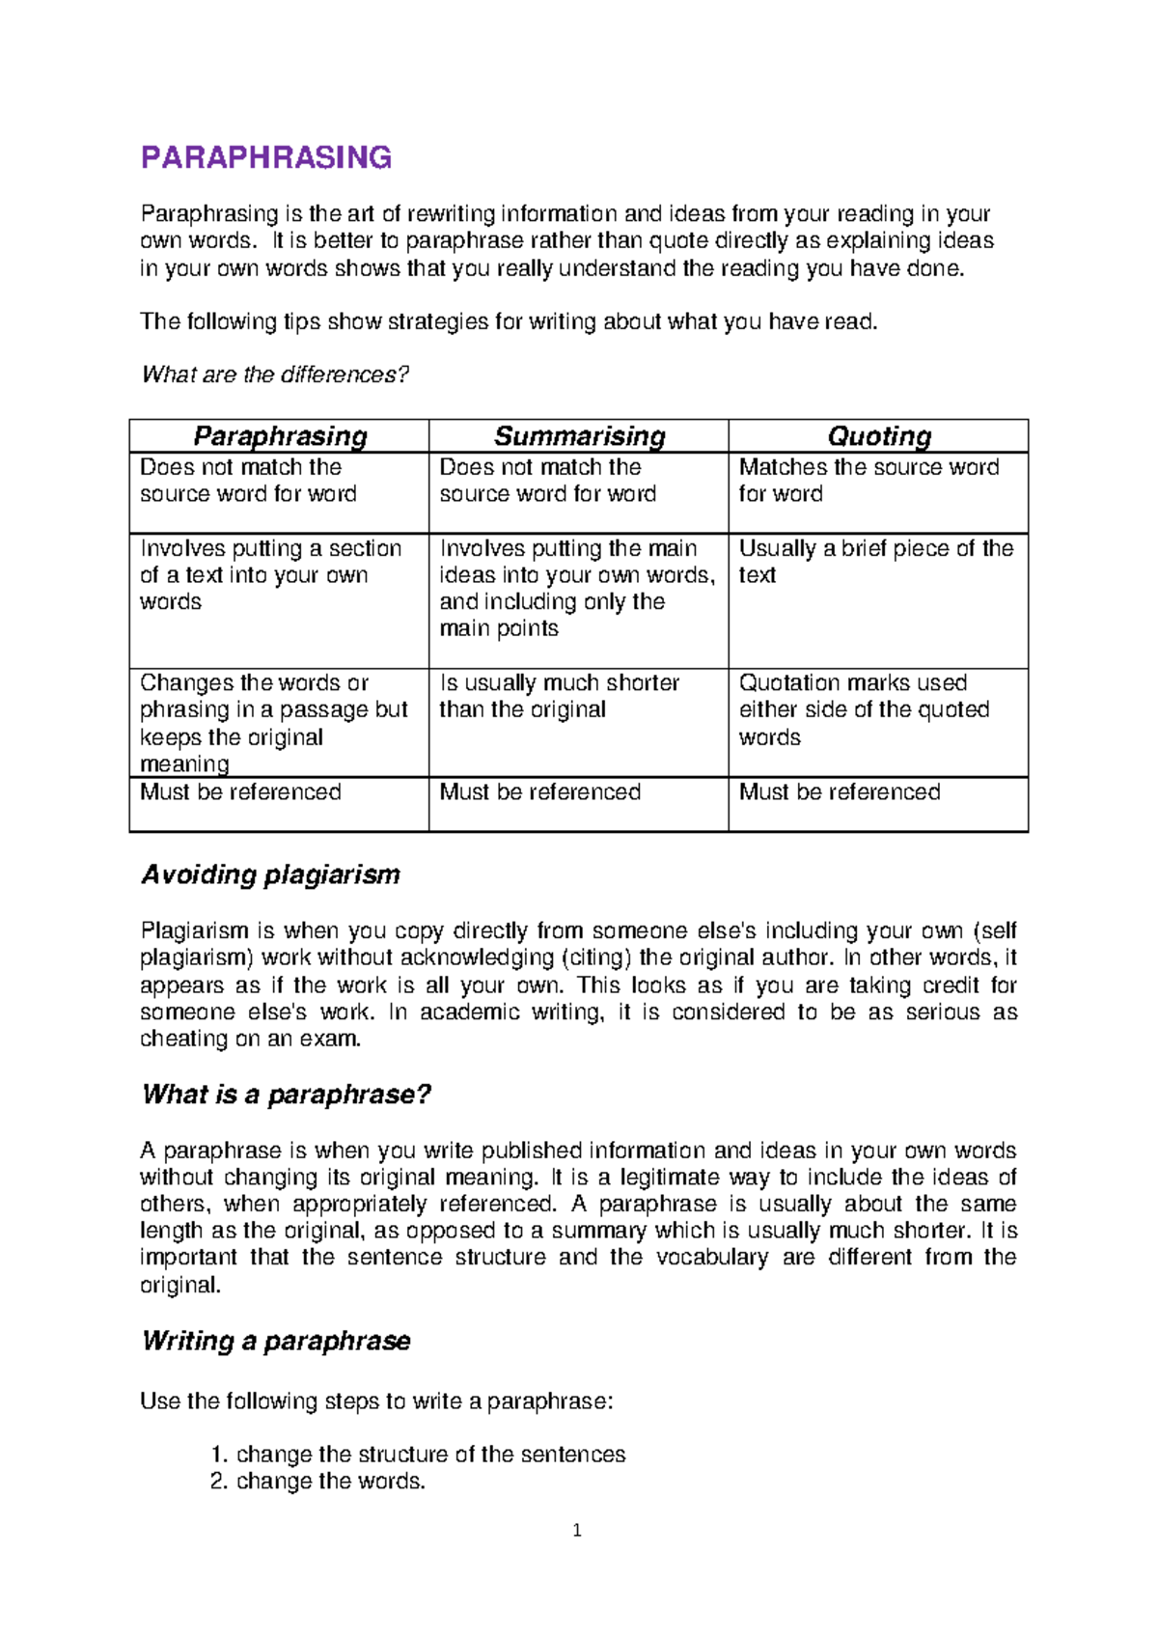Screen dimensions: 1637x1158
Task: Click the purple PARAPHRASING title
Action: pos(266,157)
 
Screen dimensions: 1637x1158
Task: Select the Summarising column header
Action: pos(579,436)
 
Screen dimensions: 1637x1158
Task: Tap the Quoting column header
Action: pos(879,436)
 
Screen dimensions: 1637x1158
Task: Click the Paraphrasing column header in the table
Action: pos(280,436)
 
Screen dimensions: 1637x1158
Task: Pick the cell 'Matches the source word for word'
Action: pos(868,481)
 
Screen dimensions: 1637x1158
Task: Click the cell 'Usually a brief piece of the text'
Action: pos(875,562)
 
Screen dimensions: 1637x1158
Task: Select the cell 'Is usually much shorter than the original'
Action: pos(560,696)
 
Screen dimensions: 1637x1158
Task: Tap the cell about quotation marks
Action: pos(864,709)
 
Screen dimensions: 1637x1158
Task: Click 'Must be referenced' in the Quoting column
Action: pos(840,792)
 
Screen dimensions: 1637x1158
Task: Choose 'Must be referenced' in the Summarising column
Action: pos(539,792)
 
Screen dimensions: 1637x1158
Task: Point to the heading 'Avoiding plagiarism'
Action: pos(270,874)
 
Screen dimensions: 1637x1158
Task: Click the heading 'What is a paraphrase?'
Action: pos(286,1095)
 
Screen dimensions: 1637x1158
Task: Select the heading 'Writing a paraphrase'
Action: pos(275,1341)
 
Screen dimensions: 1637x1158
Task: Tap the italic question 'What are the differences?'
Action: pos(275,375)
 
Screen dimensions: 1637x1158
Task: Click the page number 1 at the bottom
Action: pos(577,1530)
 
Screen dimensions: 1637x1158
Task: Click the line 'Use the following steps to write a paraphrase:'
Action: pos(376,1401)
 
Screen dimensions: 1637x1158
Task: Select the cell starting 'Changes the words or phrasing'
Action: pos(274,723)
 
